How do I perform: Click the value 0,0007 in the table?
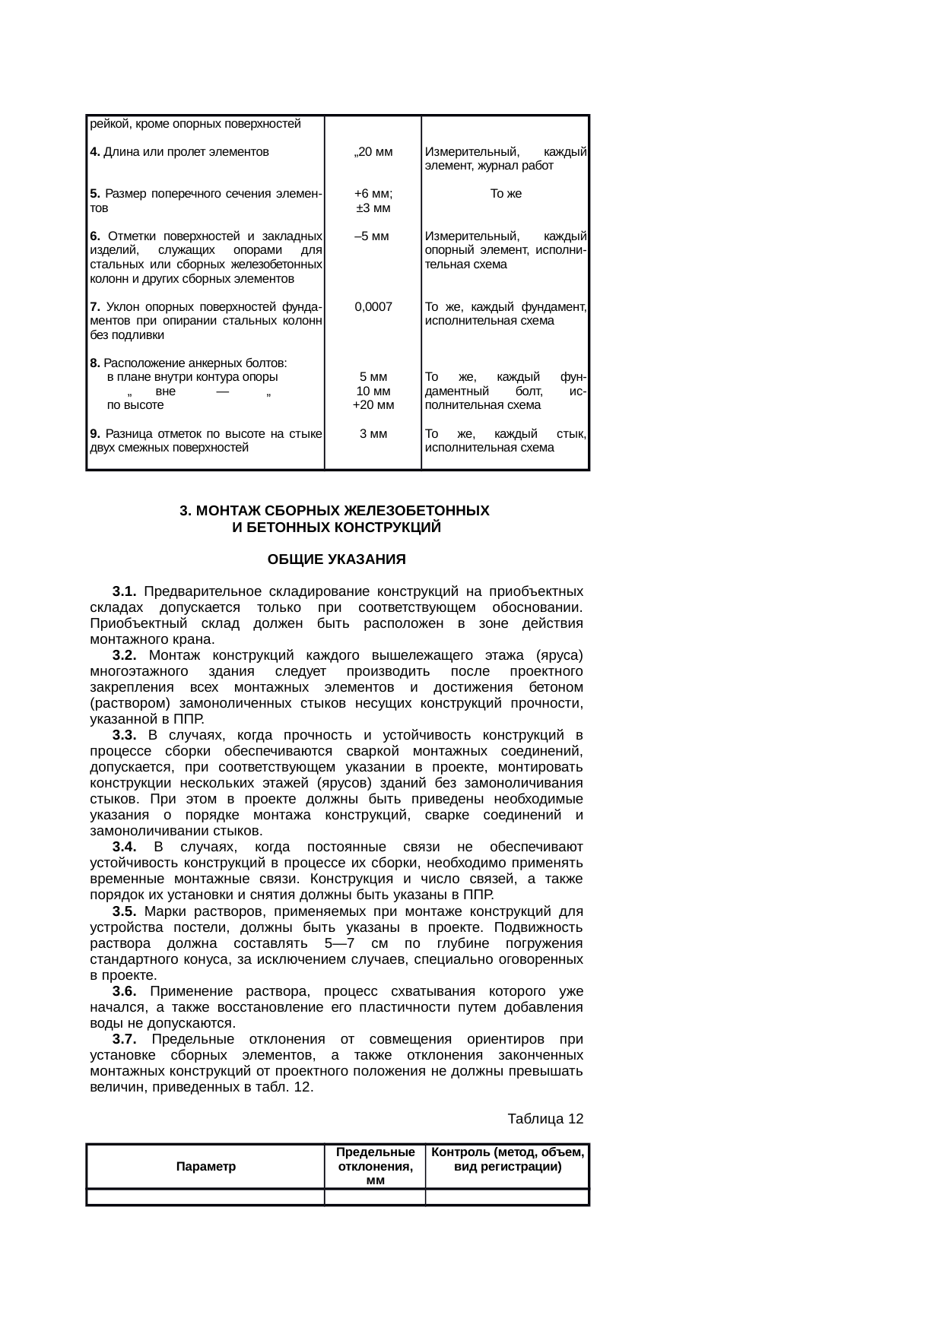tap(373, 307)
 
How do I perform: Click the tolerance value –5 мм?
tap(373, 236)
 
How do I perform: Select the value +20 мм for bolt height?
tap(373, 405)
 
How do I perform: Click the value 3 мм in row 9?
tap(373, 434)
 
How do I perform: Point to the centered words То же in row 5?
tap(506, 194)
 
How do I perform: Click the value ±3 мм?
tap(373, 208)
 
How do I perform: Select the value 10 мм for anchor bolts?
tap(373, 391)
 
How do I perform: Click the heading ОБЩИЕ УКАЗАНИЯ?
tap(336, 560)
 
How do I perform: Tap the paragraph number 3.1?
tap(124, 591)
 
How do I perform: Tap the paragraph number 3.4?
tap(124, 847)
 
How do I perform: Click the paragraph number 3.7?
tap(124, 1039)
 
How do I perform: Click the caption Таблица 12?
tap(545, 1119)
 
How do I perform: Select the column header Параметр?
tap(205, 1166)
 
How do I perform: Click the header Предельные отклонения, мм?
tap(375, 1166)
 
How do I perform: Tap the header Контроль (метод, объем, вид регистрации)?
tap(507, 1159)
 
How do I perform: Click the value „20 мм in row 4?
tap(373, 151)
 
